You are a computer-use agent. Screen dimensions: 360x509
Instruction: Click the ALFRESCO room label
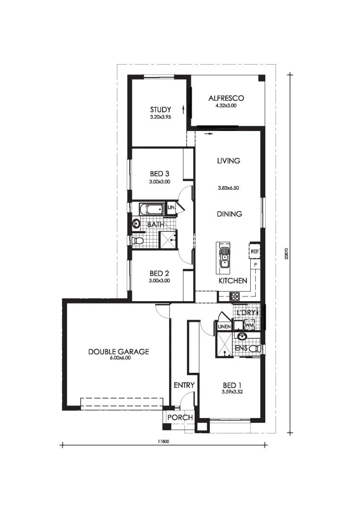pyautogui.click(x=226, y=98)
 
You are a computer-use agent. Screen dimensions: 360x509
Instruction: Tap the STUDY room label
pyautogui.click(x=160, y=109)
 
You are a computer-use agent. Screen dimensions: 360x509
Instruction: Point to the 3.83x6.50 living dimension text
pyautogui.click(x=229, y=188)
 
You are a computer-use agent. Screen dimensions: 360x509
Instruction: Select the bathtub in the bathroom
pyautogui.click(x=152, y=209)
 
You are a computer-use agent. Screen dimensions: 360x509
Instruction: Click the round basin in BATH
pyautogui.click(x=136, y=224)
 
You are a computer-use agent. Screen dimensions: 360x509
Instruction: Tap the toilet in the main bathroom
pyautogui.click(x=137, y=240)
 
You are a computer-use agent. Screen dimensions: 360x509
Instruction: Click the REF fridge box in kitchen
pyautogui.click(x=254, y=251)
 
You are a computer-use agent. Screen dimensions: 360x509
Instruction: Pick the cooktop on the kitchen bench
pyautogui.click(x=235, y=296)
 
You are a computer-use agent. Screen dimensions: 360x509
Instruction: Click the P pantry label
pyautogui.click(x=255, y=265)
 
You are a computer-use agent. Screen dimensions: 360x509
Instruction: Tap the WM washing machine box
pyautogui.click(x=249, y=325)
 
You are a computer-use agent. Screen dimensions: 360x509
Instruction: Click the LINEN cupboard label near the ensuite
pyautogui.click(x=224, y=327)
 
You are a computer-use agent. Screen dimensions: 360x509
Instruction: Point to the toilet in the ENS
pyautogui.click(x=256, y=349)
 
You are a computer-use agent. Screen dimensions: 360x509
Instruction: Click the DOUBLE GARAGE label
pyautogui.click(x=118, y=351)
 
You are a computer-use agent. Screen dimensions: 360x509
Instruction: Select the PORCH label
pyautogui.click(x=180, y=418)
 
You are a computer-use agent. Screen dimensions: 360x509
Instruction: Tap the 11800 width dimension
pyautogui.click(x=164, y=441)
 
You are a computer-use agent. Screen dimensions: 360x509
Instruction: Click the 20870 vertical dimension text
pyautogui.click(x=286, y=254)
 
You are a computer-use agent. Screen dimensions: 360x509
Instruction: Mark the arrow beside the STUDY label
pyautogui.click(x=183, y=109)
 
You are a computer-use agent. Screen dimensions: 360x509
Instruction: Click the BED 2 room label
pyautogui.click(x=159, y=274)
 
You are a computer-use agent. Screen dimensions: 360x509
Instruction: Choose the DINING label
pyautogui.click(x=229, y=213)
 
